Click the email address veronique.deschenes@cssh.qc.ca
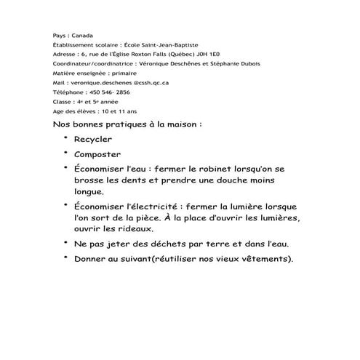(x=111, y=83)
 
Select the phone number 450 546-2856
(x=109, y=92)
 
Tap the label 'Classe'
(x=63, y=102)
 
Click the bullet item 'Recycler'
(x=93, y=139)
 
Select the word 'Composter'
(x=98, y=154)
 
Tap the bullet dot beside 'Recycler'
(x=65, y=137)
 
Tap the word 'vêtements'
(x=258, y=260)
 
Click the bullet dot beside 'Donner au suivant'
(x=65, y=257)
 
